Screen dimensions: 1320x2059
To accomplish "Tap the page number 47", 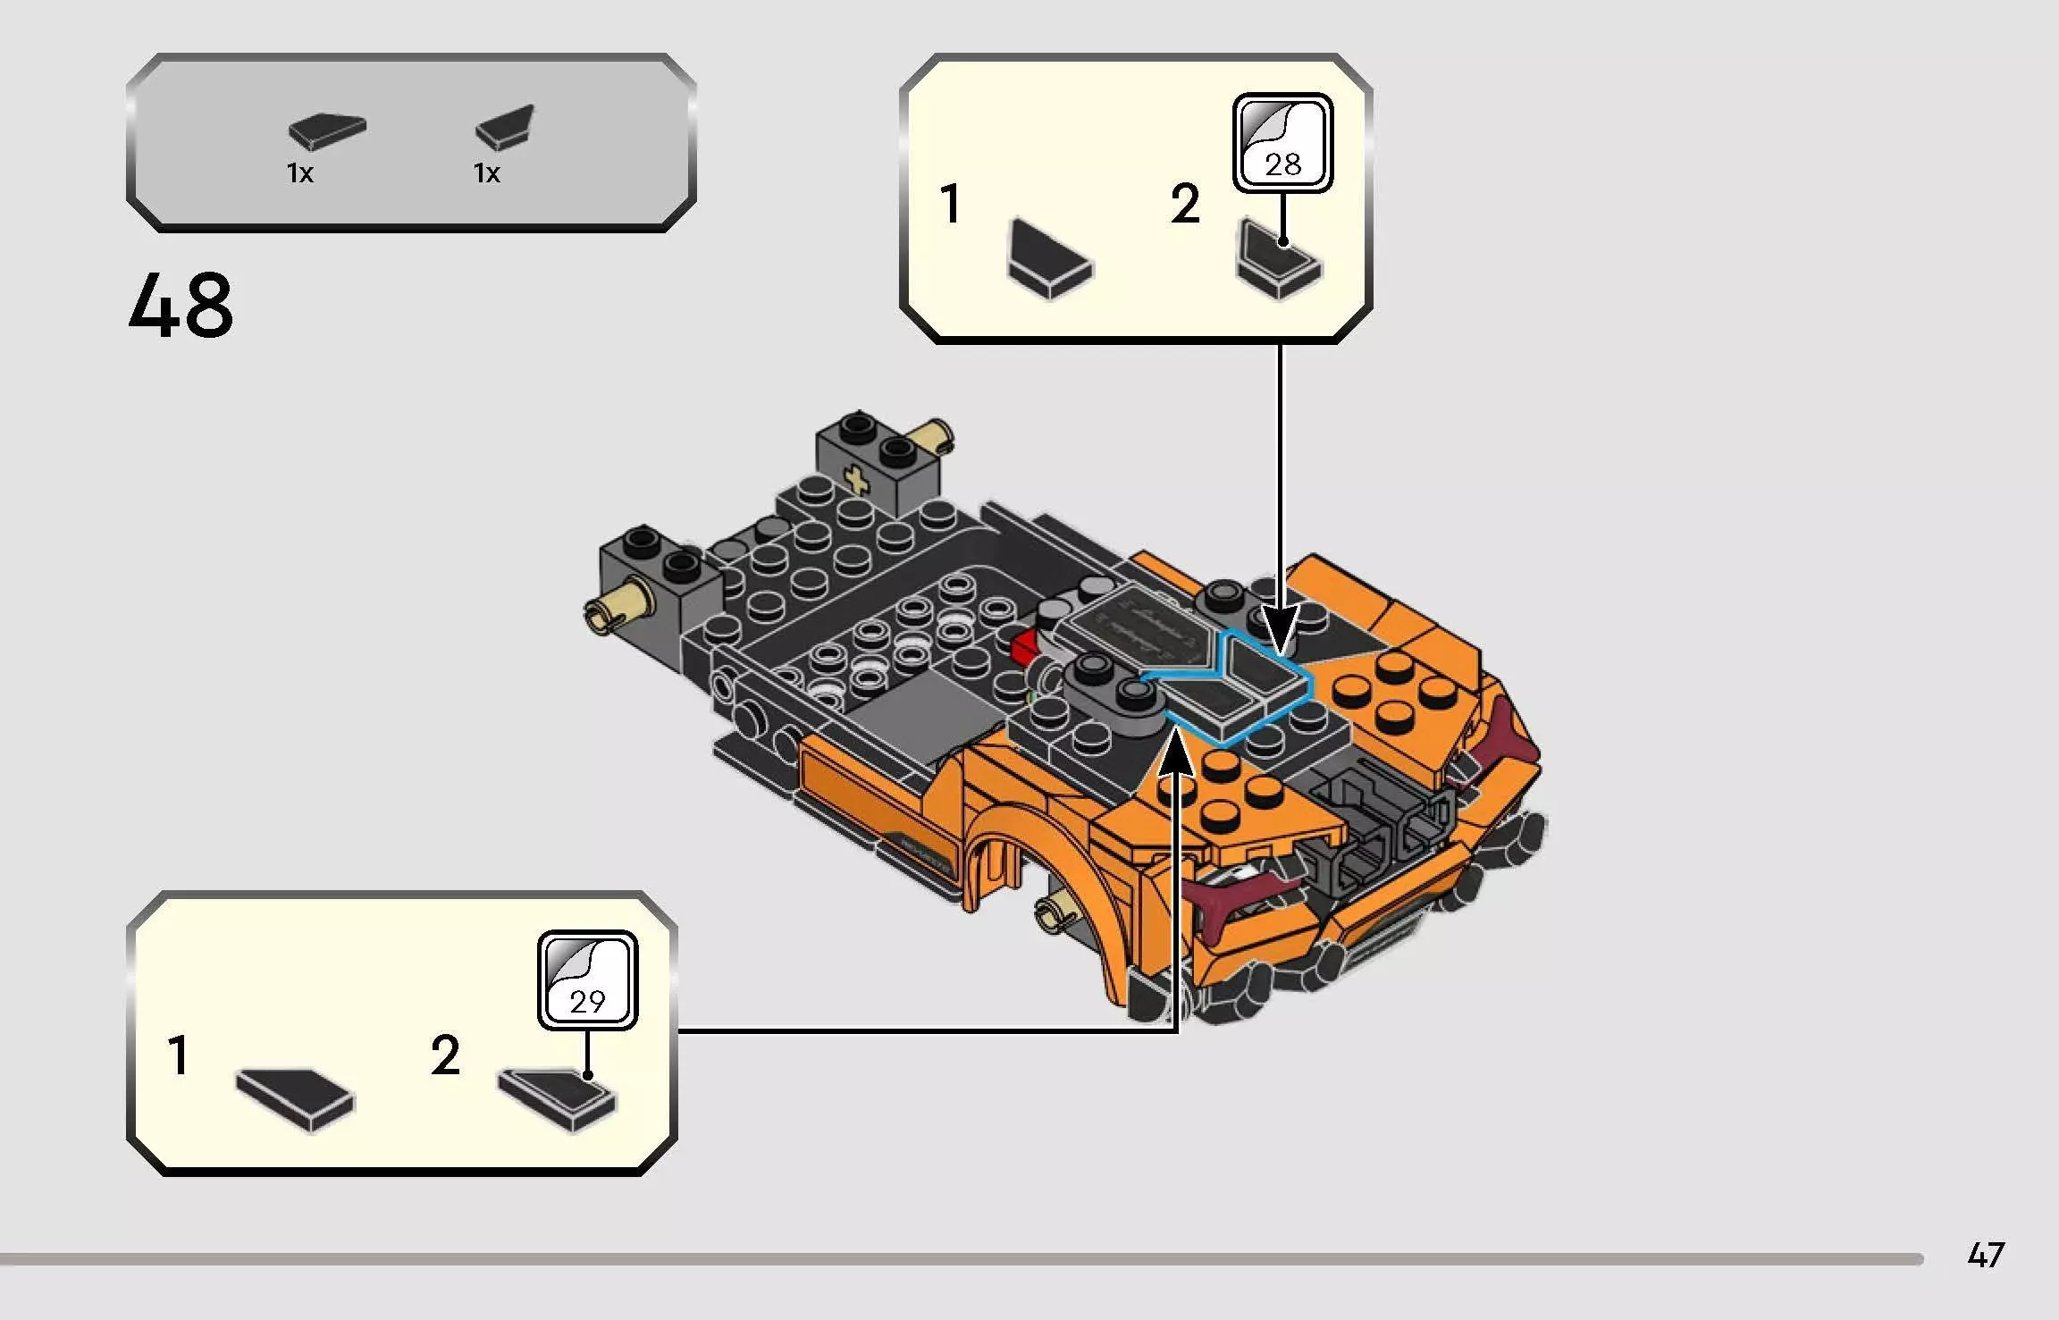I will coord(1986,1256).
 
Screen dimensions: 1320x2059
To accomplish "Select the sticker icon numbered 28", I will coord(1282,143).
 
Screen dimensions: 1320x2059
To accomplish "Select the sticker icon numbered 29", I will coord(587,980).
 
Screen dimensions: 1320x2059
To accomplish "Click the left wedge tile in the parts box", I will coord(326,131).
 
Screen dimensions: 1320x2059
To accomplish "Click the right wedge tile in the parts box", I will coord(506,128).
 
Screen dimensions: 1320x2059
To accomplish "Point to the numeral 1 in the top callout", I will coord(950,204).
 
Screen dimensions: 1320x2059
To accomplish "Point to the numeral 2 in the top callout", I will coord(1185,205).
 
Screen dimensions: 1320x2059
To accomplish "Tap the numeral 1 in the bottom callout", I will coord(179,1055).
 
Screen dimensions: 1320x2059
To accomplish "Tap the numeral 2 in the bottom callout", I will coord(444,1055).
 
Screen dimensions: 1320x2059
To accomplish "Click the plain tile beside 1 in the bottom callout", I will coord(296,1099).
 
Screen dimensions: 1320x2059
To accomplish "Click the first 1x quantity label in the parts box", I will coord(300,173).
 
